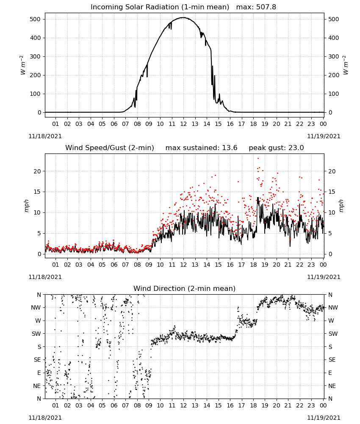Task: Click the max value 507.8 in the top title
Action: coord(266,7)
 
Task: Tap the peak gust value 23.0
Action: coord(296,148)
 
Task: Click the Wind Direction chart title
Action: coord(185,288)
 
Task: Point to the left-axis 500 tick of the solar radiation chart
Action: coord(36,19)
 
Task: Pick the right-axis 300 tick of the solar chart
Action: coord(334,56)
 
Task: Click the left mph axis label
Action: coord(26,206)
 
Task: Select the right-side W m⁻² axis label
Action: coord(346,65)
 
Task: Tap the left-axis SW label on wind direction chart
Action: coord(36,334)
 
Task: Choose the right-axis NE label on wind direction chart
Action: coord(332,386)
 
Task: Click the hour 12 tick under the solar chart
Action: coord(183,124)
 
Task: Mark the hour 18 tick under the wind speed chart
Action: coord(253,265)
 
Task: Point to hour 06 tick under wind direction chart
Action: coord(114,405)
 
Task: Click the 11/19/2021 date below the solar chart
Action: coord(324,136)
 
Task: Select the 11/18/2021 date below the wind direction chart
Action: coord(45,418)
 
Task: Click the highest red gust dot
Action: coord(258,159)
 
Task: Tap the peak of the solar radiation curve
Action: coord(183,17)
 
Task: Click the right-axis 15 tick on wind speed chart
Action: coord(332,192)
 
